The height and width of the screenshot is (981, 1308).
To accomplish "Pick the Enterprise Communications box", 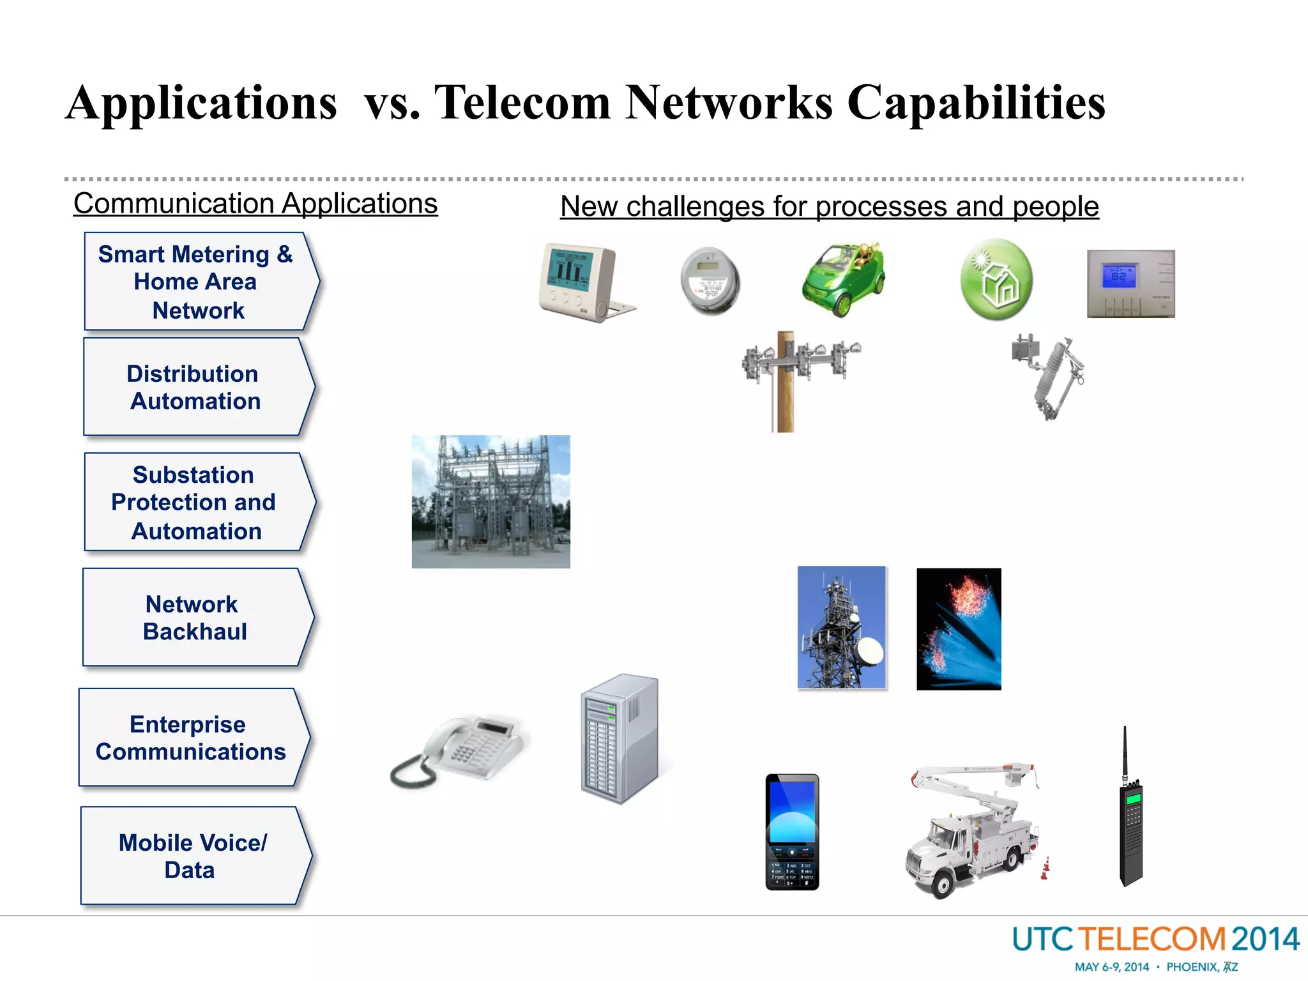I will point(192,738).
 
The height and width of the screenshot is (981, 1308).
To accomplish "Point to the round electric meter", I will point(710,281).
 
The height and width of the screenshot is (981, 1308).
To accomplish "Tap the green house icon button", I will point(996,279).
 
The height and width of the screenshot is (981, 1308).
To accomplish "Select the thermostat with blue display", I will point(1130,284).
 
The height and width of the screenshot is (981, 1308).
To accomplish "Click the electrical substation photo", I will point(490,501).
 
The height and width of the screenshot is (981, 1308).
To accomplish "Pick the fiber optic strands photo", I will point(959,629).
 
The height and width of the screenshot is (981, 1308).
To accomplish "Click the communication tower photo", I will point(842,628).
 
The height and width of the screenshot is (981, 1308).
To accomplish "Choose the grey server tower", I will point(619,738).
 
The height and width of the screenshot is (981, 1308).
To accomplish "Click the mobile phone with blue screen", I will point(792,832).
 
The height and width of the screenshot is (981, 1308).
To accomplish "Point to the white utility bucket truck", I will point(974,830).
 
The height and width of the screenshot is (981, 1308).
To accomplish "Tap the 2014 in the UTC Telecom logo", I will point(1265,939).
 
